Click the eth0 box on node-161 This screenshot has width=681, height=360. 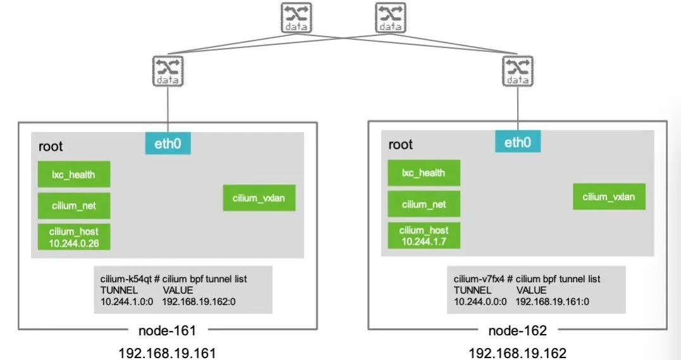coord(168,144)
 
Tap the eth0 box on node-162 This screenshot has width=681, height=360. coord(518,142)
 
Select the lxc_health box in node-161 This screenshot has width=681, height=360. coord(74,175)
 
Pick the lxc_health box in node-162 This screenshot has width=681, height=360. coord(424,173)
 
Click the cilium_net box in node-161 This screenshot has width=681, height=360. coord(74,206)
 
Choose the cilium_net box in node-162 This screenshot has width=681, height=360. coord(424,204)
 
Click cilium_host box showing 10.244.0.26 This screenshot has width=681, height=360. coord(74,237)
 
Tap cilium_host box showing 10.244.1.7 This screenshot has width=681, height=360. coord(424,235)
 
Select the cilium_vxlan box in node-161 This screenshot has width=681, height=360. coord(259,198)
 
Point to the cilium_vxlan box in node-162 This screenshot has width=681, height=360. coord(609,197)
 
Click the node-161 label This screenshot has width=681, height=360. coord(167,331)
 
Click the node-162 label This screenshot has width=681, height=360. coord(517,331)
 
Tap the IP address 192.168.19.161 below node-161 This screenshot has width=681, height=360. coord(167,353)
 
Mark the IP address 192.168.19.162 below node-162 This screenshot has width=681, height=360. coord(517,353)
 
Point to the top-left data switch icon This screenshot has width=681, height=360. coord(296,18)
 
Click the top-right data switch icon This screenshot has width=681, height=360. coord(391,18)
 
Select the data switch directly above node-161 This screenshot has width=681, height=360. coord(168,71)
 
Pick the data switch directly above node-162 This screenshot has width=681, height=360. coord(518,71)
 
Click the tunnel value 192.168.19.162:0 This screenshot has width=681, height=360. coord(199,302)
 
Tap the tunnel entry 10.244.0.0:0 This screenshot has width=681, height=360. coord(480,302)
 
